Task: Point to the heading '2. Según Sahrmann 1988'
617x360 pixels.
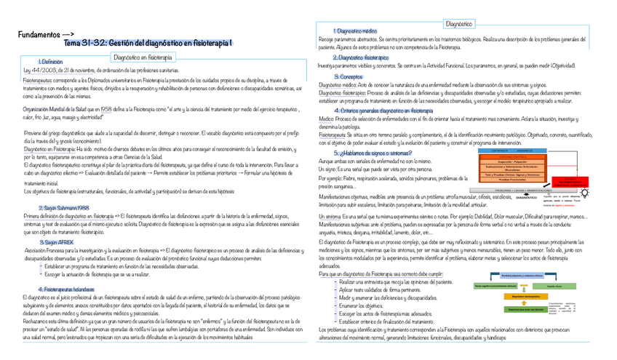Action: pyautogui.click(x=64, y=208)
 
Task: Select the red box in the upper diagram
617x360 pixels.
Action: pyautogui.click(x=568, y=182)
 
